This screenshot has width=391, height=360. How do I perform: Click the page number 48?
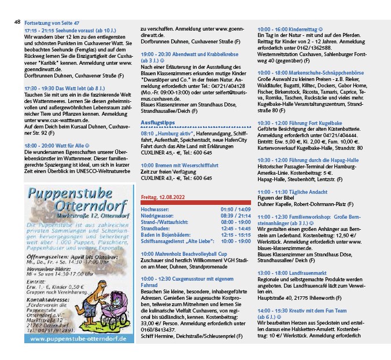pyautogui.click(x=17, y=22)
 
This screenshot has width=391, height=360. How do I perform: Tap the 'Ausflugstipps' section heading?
pyautogui.click(x=158, y=123)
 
